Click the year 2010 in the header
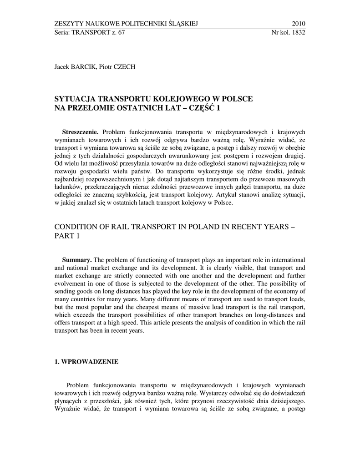coord(298,24)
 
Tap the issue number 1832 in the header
coord(298,33)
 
